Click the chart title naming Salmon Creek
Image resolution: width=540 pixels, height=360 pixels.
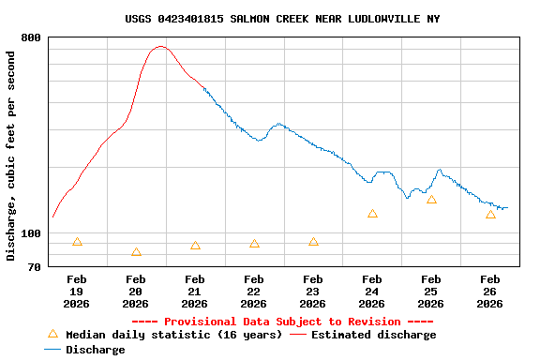[x=282, y=19]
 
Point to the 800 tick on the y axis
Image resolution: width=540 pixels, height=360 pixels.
[x=31, y=37]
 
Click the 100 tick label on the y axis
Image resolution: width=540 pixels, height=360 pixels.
[x=31, y=233]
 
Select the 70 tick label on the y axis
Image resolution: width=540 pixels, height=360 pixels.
[x=35, y=267]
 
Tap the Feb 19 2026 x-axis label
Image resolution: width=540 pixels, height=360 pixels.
[x=77, y=291]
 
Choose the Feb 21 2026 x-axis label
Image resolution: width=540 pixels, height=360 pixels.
[x=195, y=291]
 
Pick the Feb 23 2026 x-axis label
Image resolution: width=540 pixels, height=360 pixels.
[x=313, y=291]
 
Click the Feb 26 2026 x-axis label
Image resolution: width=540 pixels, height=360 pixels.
[x=490, y=291]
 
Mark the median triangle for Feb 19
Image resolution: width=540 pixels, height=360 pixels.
[x=77, y=242]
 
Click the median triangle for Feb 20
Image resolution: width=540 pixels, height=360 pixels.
[x=136, y=252]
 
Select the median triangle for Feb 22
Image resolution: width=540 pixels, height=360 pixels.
[x=254, y=244]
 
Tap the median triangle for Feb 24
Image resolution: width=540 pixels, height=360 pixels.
[x=372, y=214]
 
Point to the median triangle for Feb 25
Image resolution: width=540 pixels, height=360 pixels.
[x=431, y=200]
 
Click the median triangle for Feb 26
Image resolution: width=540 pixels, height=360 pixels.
[x=490, y=215]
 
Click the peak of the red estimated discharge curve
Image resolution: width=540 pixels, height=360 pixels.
[x=160, y=46]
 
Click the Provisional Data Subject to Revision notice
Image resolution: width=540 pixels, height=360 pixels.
[x=282, y=322]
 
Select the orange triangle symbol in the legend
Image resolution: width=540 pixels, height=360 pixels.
[x=52, y=334]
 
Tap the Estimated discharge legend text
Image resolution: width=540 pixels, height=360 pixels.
[x=373, y=335]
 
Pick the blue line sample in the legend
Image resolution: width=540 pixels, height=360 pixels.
[x=52, y=350]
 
